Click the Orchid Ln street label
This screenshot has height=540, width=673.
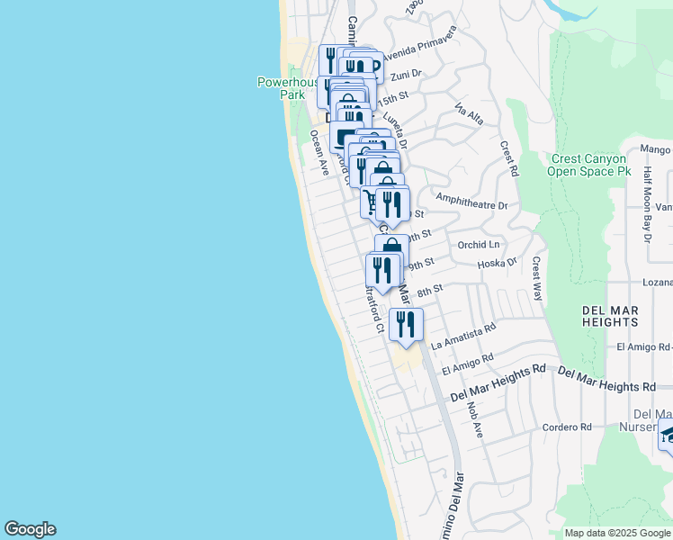click(478, 244)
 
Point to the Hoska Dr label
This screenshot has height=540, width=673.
click(498, 263)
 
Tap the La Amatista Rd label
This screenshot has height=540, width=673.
click(463, 337)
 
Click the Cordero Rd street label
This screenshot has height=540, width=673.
click(566, 427)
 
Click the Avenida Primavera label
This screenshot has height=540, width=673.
click(419, 42)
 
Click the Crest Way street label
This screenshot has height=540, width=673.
click(537, 279)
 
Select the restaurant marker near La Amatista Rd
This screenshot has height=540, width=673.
click(406, 324)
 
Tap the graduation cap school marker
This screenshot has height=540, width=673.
click(667, 436)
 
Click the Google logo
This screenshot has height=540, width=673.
click(30, 529)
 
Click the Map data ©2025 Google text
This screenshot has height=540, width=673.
click(616, 533)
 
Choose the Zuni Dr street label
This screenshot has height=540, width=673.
click(406, 76)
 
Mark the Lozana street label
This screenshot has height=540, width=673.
click(657, 282)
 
